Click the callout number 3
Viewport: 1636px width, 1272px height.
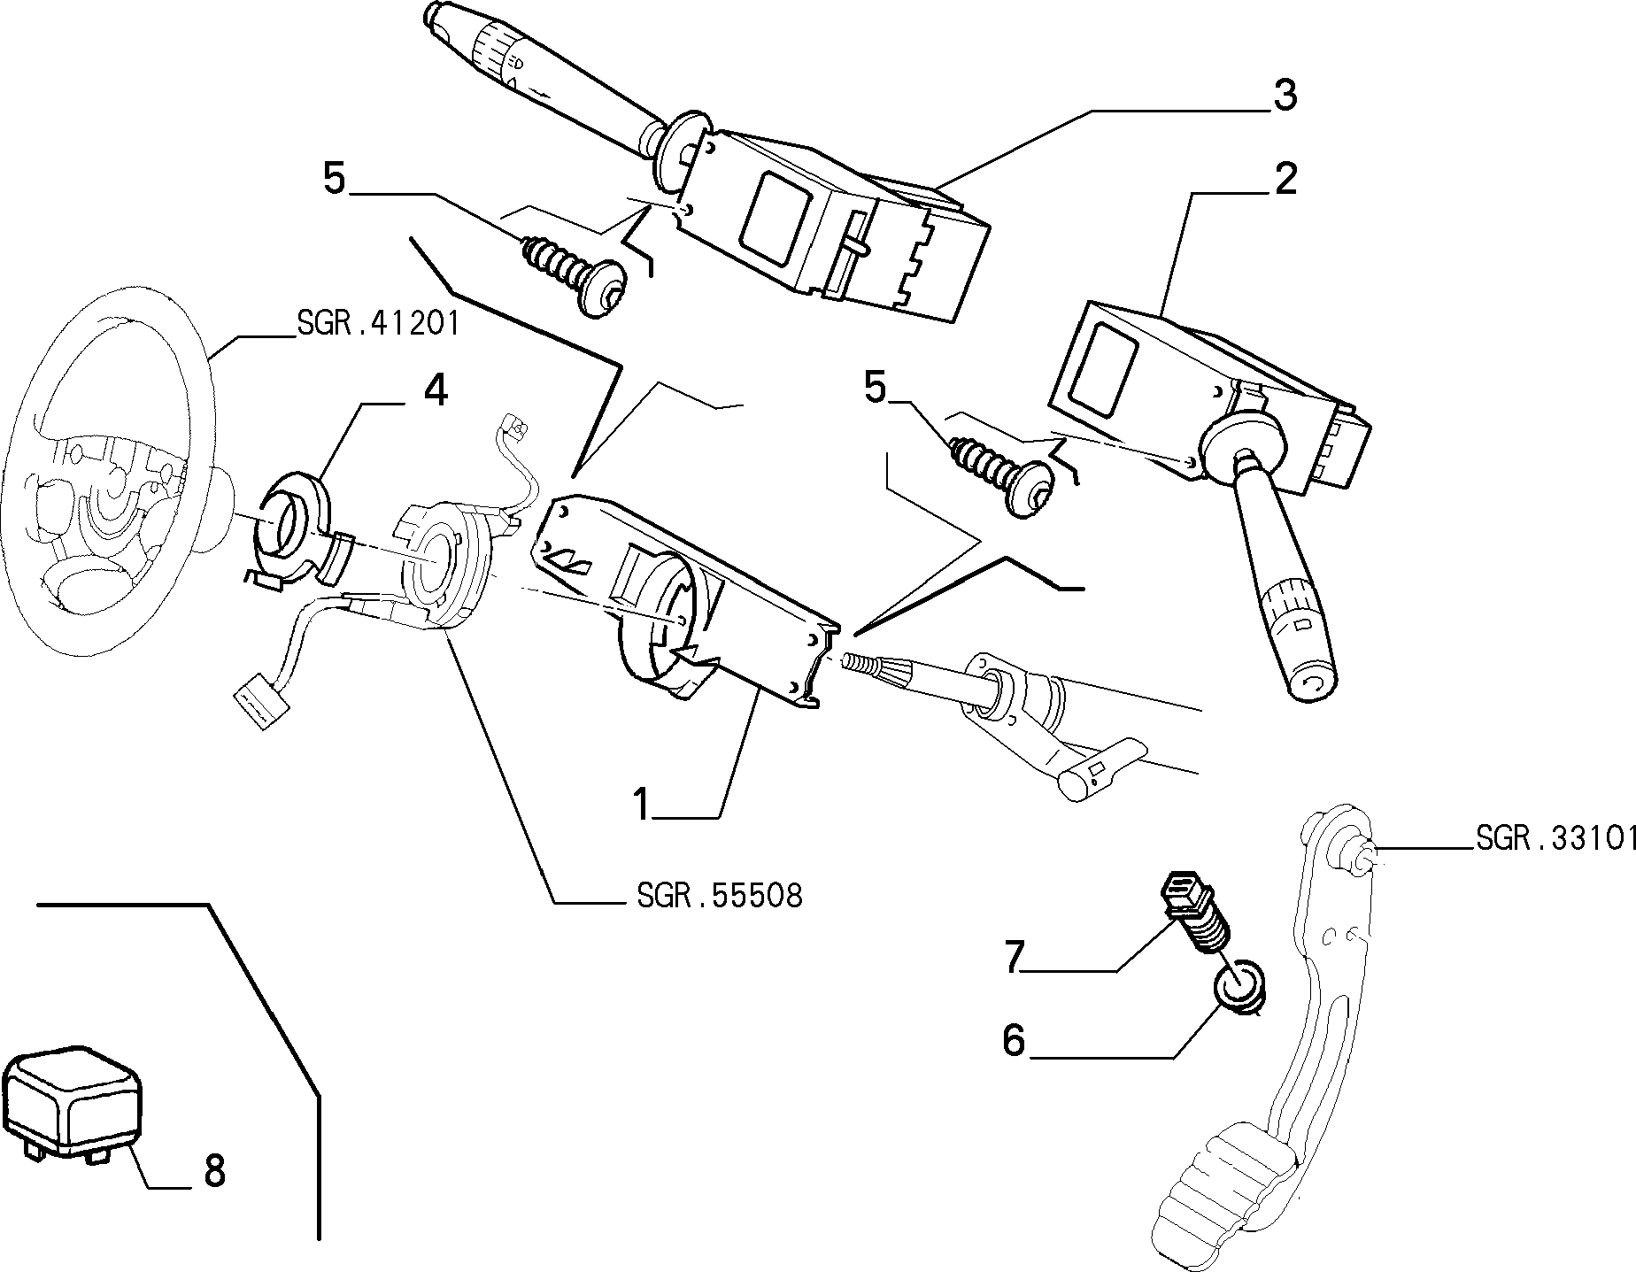click(1285, 96)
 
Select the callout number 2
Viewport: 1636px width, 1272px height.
click(1285, 179)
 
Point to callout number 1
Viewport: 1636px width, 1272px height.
click(643, 805)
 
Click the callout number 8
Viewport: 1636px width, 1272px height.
click(214, 1171)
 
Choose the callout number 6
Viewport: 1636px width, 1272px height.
click(1014, 1041)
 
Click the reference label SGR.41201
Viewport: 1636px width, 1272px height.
click(378, 324)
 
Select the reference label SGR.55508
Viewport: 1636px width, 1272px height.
click(719, 896)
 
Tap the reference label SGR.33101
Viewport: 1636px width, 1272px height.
click(1555, 838)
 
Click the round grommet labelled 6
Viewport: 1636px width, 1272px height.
click(1241, 988)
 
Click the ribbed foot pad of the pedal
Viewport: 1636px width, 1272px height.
click(1222, 1195)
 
